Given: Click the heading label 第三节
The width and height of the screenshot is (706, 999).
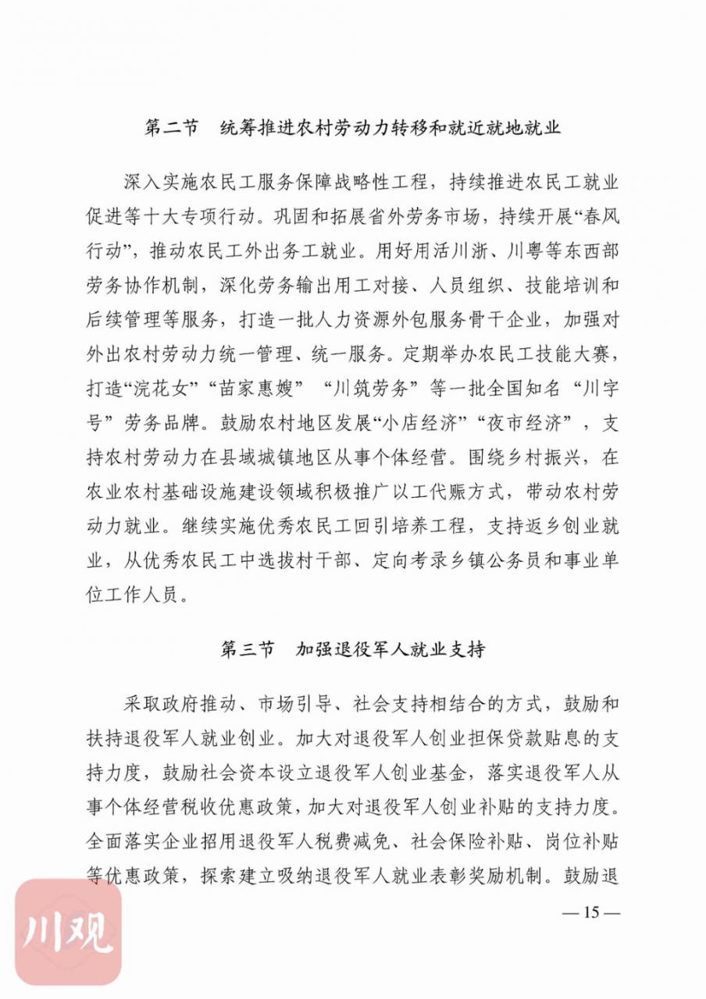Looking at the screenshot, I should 248,649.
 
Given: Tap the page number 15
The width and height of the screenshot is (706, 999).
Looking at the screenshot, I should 590,912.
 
